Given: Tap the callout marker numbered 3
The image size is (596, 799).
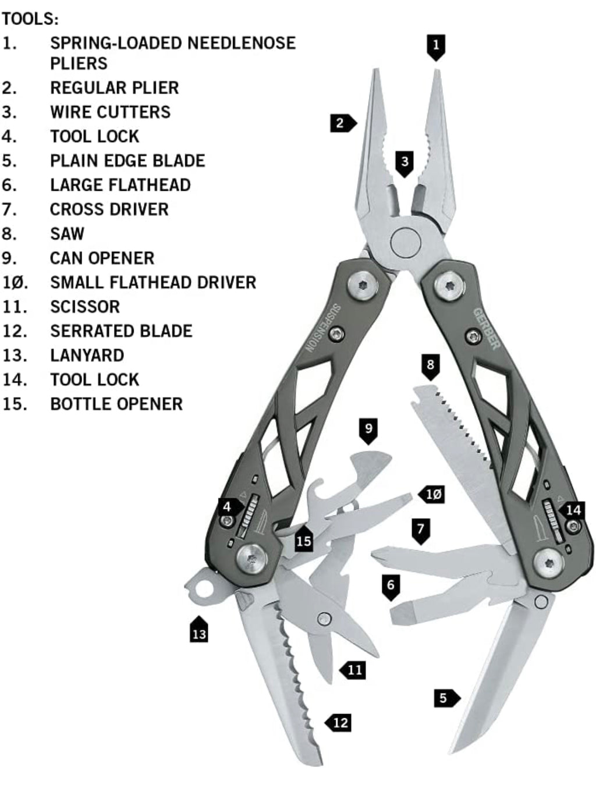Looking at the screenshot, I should pos(405,162).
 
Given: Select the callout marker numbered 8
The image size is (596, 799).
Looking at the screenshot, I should pos(430,366).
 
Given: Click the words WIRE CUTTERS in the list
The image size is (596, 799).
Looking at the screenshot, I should pos(110,112).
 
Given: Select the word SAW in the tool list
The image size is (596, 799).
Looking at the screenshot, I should pos(67,233).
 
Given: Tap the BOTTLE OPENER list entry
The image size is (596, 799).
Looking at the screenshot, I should pos(116,404).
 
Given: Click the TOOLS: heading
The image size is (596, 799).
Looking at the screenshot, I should pos(30,19).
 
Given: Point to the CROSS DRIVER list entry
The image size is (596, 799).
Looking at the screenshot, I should pos(109,209).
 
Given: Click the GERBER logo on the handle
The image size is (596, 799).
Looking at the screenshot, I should pos(487,329).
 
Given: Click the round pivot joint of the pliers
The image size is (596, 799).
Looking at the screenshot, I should pos(406,242).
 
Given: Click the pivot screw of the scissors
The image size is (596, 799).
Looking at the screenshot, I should pos(324,619).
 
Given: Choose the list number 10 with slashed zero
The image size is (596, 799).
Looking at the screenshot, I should pos(15,282).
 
